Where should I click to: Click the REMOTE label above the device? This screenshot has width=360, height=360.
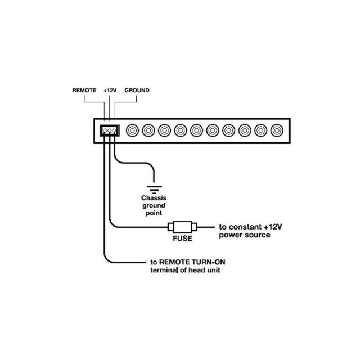point(84,90)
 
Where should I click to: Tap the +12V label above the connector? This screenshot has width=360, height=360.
point(110,90)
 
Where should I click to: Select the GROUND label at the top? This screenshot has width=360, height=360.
point(137,90)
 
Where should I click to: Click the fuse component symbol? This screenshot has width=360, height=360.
point(182,227)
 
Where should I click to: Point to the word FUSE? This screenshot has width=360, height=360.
point(182,238)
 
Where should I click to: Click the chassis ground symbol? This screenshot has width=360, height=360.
point(154,190)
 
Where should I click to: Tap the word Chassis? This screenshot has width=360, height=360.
point(154,198)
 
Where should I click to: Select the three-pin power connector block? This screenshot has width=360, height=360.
point(110,130)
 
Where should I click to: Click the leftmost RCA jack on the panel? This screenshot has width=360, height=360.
point(133,130)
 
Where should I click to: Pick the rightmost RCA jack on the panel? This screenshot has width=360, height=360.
point(277,130)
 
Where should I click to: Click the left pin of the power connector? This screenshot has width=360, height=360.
point(105,131)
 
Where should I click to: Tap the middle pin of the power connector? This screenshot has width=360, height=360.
point(110,131)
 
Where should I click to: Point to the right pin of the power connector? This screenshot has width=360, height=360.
point(114,131)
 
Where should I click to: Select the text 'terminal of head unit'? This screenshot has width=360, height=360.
point(185,270)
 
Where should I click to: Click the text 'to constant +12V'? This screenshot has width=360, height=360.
point(250,227)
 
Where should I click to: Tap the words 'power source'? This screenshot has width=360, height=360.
point(245,235)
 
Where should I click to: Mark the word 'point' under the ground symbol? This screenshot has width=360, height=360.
point(154,213)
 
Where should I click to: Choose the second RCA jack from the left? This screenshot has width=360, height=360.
point(148,130)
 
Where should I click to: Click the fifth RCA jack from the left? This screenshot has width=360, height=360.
point(197,130)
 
